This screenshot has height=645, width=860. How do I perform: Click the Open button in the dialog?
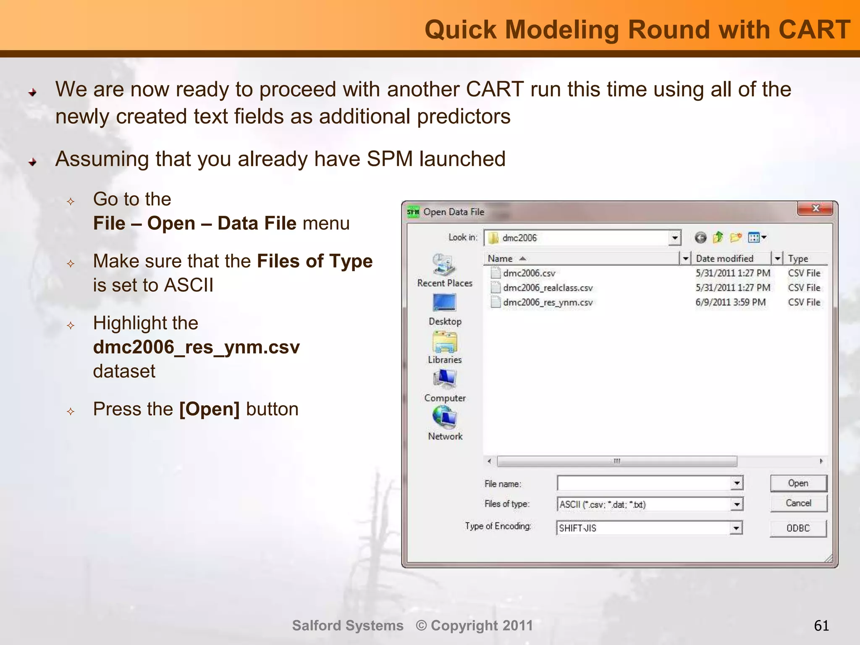[798, 483]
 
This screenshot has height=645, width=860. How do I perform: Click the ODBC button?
[798, 528]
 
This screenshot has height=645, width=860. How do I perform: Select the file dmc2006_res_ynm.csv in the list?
[547, 302]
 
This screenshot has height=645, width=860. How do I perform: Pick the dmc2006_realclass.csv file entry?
[547, 288]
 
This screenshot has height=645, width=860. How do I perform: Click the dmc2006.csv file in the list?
[529, 273]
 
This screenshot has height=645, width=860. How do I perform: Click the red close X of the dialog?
[815, 208]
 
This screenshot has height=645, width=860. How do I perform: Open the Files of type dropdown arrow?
[737, 504]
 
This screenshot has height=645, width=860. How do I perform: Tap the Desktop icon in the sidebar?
[444, 303]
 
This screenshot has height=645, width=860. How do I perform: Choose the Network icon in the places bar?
[444, 418]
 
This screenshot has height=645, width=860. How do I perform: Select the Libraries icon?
[444, 342]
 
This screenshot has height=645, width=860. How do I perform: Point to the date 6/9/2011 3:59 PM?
[730, 302]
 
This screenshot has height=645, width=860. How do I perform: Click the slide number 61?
[821, 626]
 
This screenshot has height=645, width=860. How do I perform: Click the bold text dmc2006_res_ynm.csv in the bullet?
[196, 347]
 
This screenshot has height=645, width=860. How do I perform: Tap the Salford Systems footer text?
[347, 626]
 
